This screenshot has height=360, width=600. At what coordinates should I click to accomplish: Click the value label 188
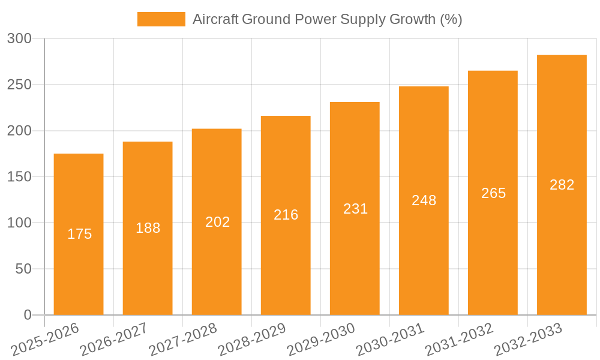pyautogui.click(x=148, y=228)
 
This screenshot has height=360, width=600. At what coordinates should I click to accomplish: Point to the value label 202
pyautogui.click(x=217, y=222)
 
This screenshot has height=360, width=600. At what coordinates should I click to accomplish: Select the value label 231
pyautogui.click(x=355, y=209)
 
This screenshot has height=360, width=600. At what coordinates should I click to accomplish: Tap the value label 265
pyautogui.click(x=493, y=193)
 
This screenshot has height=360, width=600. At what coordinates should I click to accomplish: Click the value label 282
pyautogui.click(x=562, y=185)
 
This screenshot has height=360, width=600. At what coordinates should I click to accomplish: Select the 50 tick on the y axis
pyautogui.click(x=23, y=269)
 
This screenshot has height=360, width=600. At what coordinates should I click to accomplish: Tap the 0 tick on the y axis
pyautogui.click(x=28, y=315)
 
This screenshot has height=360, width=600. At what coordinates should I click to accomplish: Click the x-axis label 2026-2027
pyautogui.click(x=113, y=340)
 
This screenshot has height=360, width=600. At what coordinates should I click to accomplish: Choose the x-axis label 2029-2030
pyautogui.click(x=321, y=340)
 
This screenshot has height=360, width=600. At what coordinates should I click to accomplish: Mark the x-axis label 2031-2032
pyautogui.click(x=459, y=340)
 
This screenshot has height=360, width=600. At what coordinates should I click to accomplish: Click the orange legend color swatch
pyautogui.click(x=161, y=19)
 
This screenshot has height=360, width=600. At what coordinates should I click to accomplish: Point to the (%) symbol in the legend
pyautogui.click(x=451, y=19)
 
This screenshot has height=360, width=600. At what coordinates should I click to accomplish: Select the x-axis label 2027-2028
pyautogui.click(x=182, y=340)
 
